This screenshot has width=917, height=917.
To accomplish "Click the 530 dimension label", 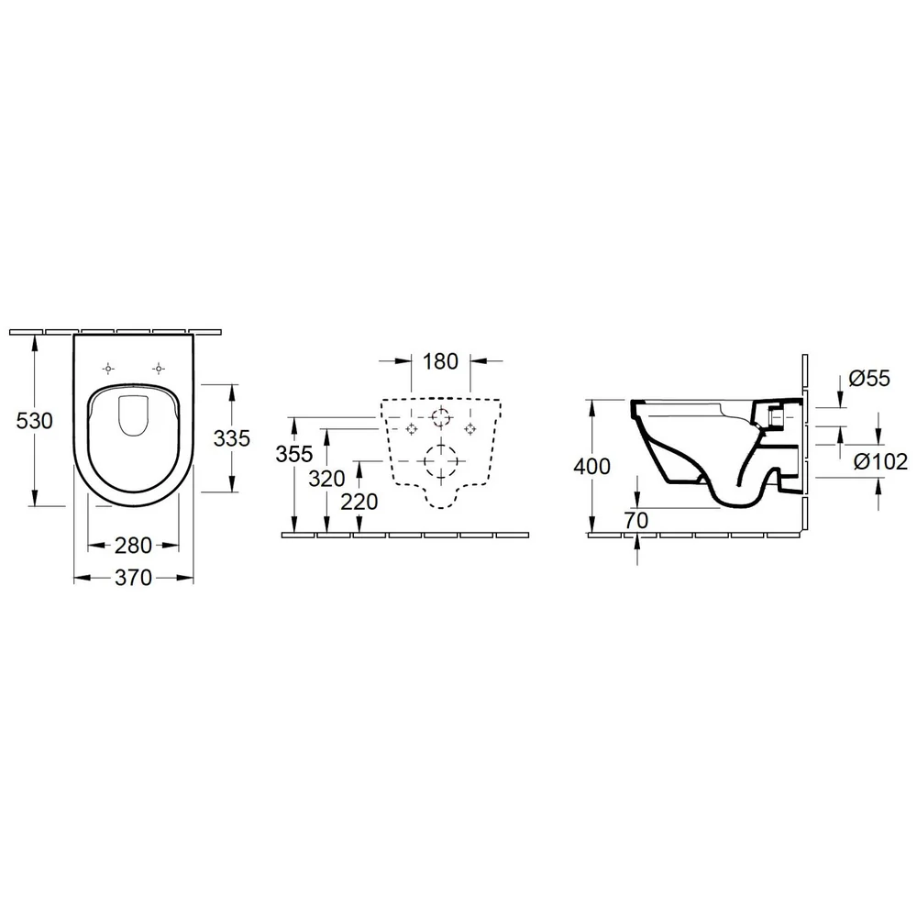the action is pos(35,421).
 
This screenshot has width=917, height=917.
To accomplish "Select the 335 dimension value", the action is pos(232,438).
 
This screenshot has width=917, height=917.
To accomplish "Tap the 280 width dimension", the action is pos(133,546).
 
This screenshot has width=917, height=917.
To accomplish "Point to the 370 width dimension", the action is pos(133,578).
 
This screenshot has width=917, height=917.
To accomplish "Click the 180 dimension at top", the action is pos(440,361).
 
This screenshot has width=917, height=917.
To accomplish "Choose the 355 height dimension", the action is pos(294,454).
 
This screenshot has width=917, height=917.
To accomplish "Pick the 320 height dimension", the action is pos(327,479).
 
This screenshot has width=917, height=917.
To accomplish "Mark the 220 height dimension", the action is pos(359,502).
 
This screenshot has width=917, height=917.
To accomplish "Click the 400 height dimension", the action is pos(591,466).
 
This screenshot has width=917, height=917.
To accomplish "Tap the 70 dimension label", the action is pos(636,520).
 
